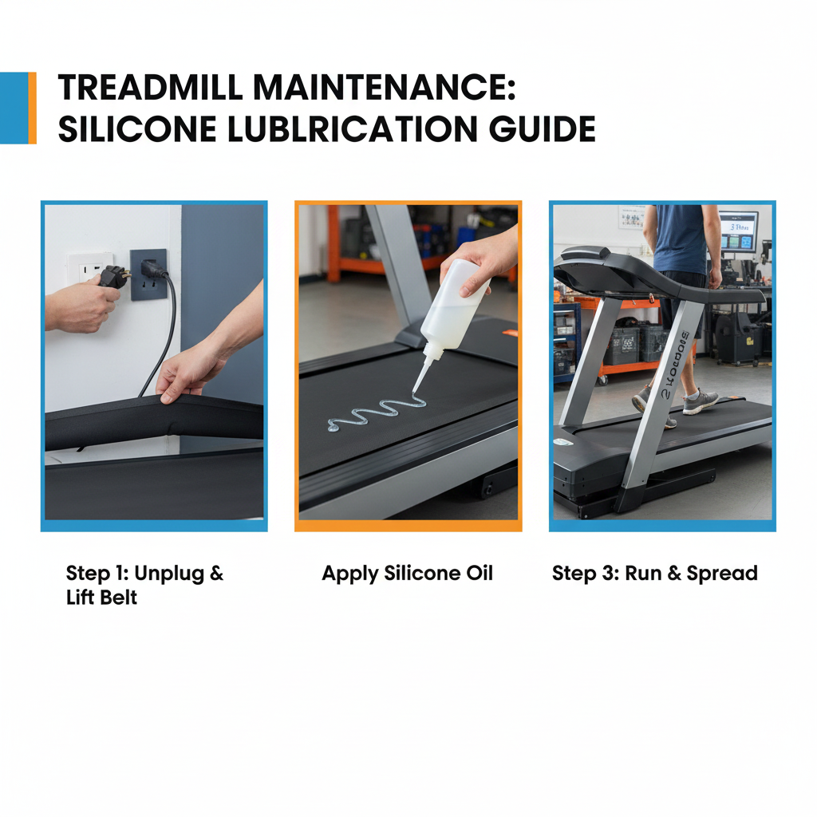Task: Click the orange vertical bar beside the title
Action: point(32,108)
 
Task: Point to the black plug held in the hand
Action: point(114,277)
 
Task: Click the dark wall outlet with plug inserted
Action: point(148,274)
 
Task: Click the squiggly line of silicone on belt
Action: point(375,415)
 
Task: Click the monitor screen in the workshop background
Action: point(738,231)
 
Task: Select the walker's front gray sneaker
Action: point(700,401)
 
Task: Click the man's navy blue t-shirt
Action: point(681,239)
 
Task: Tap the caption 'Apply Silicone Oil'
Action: point(407,573)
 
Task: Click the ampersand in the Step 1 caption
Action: point(216,573)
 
